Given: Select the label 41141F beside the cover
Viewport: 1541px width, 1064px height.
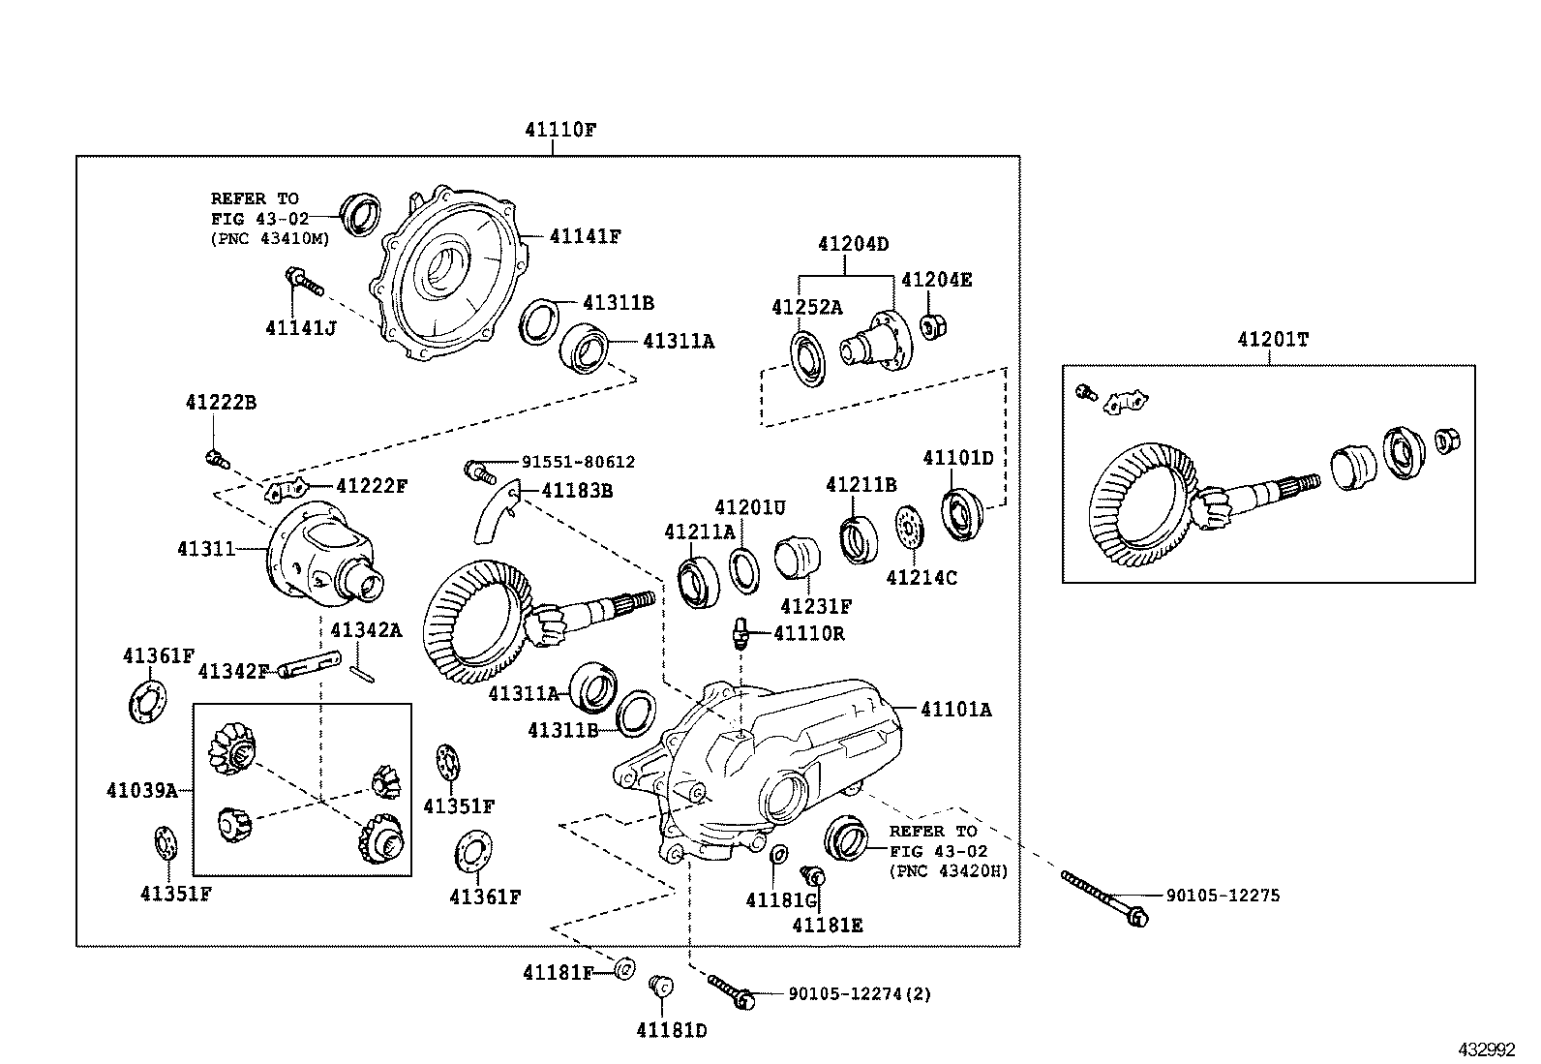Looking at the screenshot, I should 585,235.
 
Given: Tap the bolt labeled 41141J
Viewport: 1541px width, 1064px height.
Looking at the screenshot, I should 303,283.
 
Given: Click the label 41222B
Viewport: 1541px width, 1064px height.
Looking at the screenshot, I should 221,402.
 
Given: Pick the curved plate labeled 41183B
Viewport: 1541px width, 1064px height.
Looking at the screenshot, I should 494,513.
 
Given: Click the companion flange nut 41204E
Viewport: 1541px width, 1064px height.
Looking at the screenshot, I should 933,326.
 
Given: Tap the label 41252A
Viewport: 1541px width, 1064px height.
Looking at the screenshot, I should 806,307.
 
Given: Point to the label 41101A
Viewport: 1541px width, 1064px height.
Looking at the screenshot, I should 955,710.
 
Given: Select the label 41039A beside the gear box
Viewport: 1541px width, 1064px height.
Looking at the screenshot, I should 142,791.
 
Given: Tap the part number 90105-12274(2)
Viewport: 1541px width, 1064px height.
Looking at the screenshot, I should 860,993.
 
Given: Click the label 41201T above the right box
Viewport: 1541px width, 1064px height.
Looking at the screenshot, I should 1272,340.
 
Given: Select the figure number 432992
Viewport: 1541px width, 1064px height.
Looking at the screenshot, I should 1487,1049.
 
